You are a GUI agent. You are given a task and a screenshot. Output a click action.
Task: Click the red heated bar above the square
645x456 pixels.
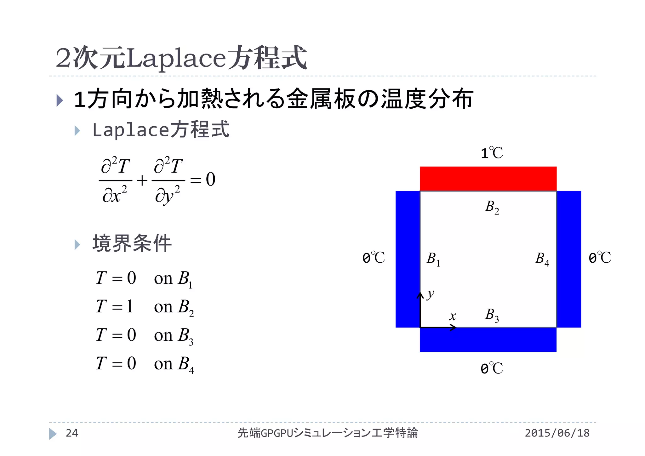pyautogui.click(x=488, y=179)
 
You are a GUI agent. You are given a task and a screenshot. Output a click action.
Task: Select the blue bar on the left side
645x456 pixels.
pyautogui.click(x=408, y=259)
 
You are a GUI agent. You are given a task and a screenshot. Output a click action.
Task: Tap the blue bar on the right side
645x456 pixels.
pyautogui.click(x=569, y=259)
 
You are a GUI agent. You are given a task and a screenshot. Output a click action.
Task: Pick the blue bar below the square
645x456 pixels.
pyautogui.click(x=488, y=340)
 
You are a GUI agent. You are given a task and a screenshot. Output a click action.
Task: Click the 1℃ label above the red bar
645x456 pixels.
pyautogui.click(x=492, y=153)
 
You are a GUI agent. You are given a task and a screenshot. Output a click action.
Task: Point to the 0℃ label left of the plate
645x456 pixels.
pyautogui.click(x=374, y=258)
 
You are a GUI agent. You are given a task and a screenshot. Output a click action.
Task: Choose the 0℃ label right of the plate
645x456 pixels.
pyautogui.click(x=600, y=258)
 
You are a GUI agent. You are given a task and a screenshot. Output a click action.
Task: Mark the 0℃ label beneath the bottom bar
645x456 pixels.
pyautogui.click(x=492, y=368)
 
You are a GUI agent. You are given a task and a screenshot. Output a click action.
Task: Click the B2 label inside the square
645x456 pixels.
pyautogui.click(x=492, y=208)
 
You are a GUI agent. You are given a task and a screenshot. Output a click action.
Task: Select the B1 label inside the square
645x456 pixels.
pyautogui.click(x=433, y=259)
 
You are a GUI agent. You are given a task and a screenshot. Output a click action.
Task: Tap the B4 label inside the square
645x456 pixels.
pyautogui.click(x=542, y=259)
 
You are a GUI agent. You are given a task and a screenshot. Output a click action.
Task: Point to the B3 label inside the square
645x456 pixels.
pyautogui.click(x=492, y=315)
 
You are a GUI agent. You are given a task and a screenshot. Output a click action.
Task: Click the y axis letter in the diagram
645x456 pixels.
pyautogui.click(x=431, y=294)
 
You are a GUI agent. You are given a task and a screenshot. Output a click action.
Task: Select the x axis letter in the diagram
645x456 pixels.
pyautogui.click(x=453, y=316)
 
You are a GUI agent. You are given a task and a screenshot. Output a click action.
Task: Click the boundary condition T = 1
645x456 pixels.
pyautogui.click(x=114, y=306)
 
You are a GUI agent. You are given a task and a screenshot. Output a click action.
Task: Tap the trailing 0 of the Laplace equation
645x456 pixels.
pyautogui.click(x=210, y=180)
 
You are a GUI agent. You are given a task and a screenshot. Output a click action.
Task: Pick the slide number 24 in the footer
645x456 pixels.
pyautogui.click(x=72, y=433)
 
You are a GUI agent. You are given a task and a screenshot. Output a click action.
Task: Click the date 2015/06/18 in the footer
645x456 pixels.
pyautogui.click(x=557, y=433)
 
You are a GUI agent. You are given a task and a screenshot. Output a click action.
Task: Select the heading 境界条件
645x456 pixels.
pyautogui.click(x=132, y=243)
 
